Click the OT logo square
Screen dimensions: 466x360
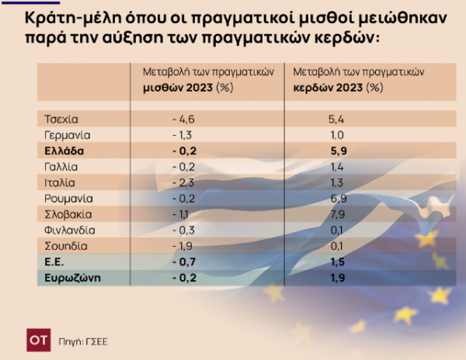39,340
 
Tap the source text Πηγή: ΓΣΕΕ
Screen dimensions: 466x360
83,342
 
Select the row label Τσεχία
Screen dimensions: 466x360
61,119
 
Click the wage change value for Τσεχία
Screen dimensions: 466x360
183,119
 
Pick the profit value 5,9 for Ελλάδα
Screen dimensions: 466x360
339,151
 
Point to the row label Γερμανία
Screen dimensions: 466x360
67,135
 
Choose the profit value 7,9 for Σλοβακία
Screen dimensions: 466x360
338,215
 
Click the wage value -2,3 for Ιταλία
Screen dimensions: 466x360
183,183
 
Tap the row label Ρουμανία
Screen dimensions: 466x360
68,199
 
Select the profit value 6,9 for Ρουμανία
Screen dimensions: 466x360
339,199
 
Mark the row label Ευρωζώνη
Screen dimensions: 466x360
73,278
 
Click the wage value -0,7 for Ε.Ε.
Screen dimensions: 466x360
184,262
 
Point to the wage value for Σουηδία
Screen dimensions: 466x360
183,246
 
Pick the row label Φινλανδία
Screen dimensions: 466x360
70,230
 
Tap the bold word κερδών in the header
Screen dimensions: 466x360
313,88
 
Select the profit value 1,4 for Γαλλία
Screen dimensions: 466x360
337,167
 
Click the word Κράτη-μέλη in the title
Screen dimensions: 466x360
73,19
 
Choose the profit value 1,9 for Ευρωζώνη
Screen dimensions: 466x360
338,278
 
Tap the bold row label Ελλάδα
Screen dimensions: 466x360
64,151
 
